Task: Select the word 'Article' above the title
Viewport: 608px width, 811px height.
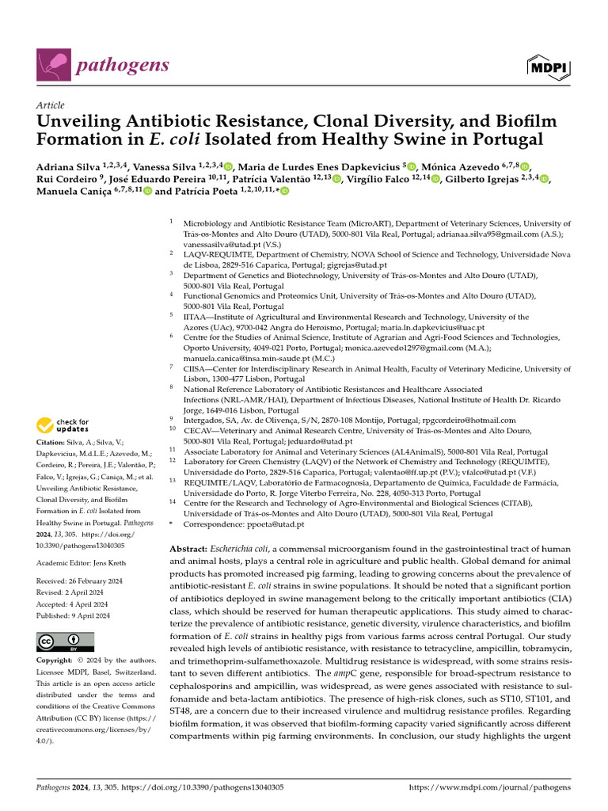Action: point(51,105)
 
